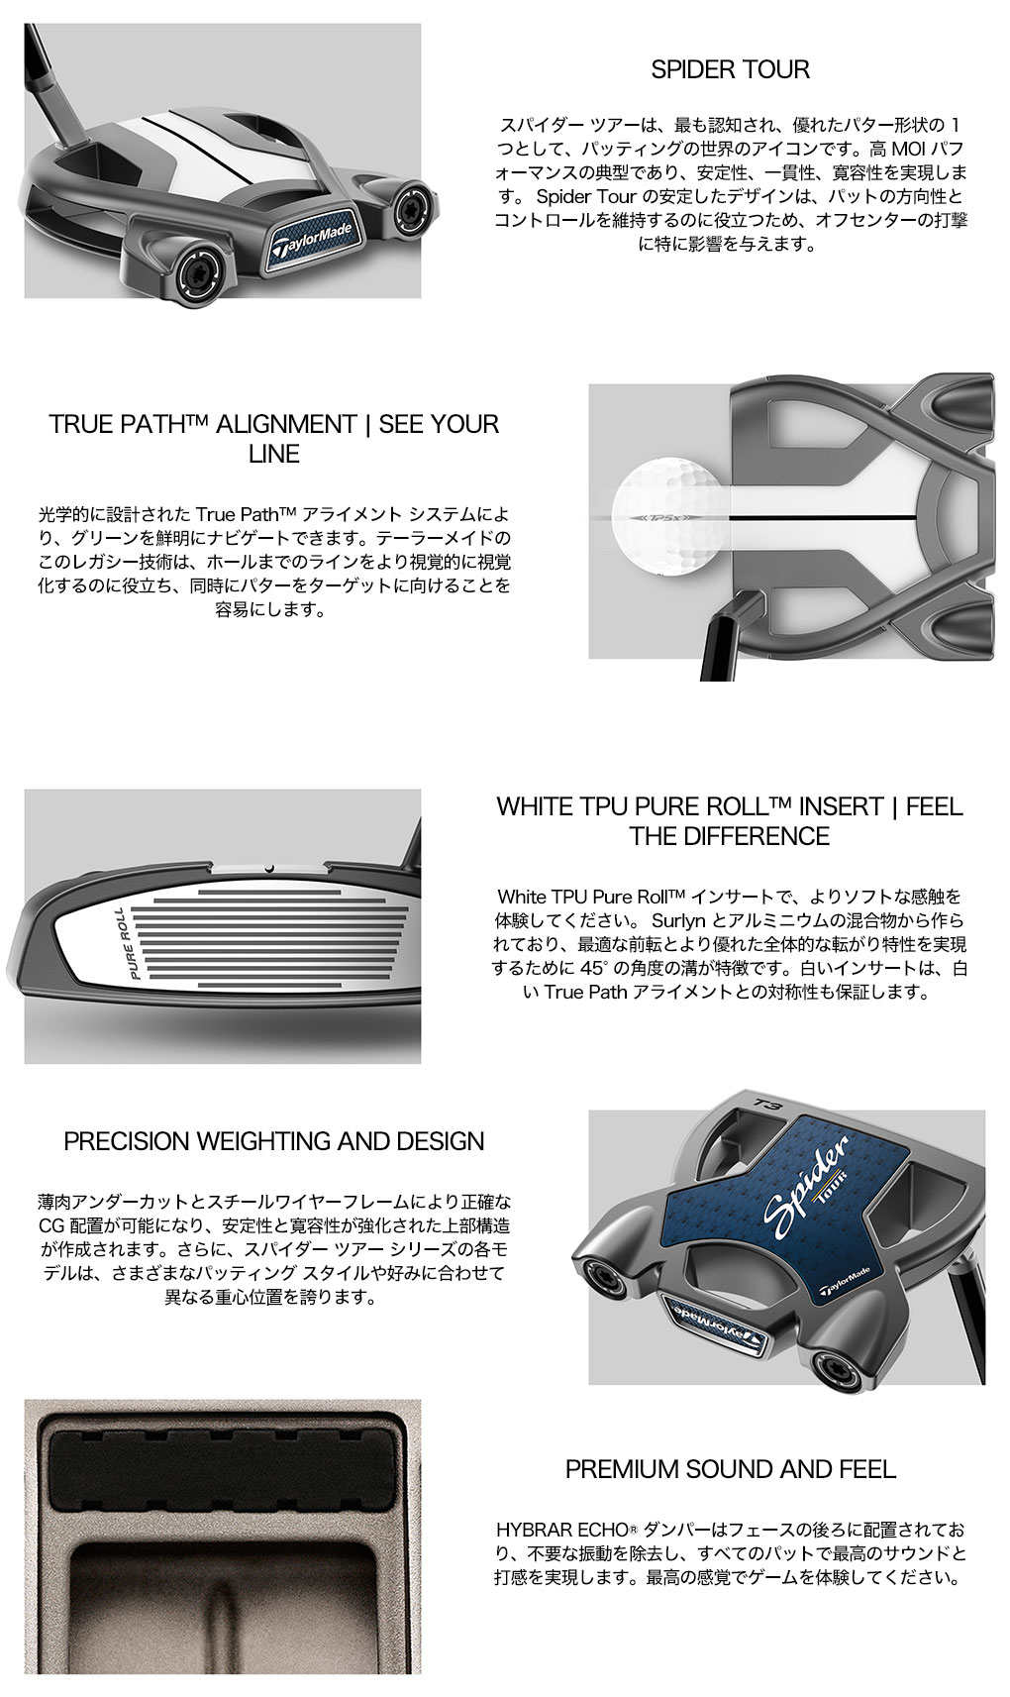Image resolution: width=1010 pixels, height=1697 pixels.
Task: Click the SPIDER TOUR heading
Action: click(730, 69)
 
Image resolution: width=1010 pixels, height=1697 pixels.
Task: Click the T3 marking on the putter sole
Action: click(766, 1103)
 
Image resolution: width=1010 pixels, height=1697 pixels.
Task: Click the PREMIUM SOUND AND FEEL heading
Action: click(731, 1470)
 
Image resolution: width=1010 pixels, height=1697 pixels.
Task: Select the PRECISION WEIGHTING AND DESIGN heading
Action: click(274, 1141)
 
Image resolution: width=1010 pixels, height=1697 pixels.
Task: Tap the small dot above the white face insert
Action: click(268, 868)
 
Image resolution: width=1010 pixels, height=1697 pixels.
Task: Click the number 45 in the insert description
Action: click(590, 968)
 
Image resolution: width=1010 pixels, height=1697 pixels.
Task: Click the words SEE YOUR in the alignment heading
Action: click(439, 424)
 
